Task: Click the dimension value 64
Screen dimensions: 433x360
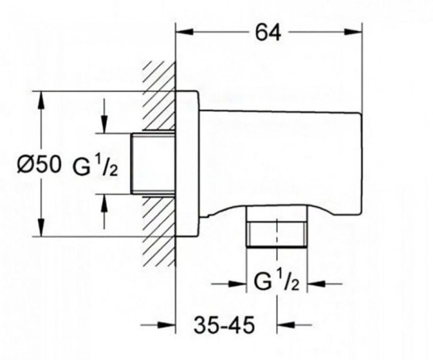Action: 268,32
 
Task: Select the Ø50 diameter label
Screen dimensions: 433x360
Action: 39,165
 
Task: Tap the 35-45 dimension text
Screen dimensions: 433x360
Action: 224,325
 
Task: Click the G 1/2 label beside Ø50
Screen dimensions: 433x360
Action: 95,165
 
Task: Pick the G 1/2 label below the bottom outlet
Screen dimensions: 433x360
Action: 277,280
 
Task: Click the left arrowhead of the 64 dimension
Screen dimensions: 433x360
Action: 184,32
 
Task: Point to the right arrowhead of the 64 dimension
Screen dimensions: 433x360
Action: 353,32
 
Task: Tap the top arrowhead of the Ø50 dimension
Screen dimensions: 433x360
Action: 41,100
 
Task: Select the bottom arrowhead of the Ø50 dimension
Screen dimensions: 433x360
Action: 41,228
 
